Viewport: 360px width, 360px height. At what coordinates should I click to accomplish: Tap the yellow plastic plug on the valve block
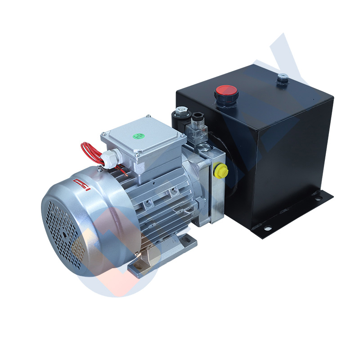pos(221,171)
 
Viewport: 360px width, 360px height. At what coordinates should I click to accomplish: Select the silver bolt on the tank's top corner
pos(282,78)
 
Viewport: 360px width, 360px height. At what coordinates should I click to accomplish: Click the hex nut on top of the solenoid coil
pos(181,109)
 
